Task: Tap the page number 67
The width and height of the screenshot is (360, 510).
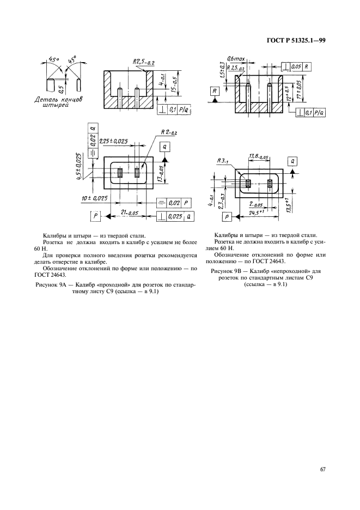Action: pos(322,470)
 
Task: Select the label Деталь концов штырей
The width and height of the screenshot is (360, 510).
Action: pos(58,104)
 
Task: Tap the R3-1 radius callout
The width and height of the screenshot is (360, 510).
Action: pos(223,161)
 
